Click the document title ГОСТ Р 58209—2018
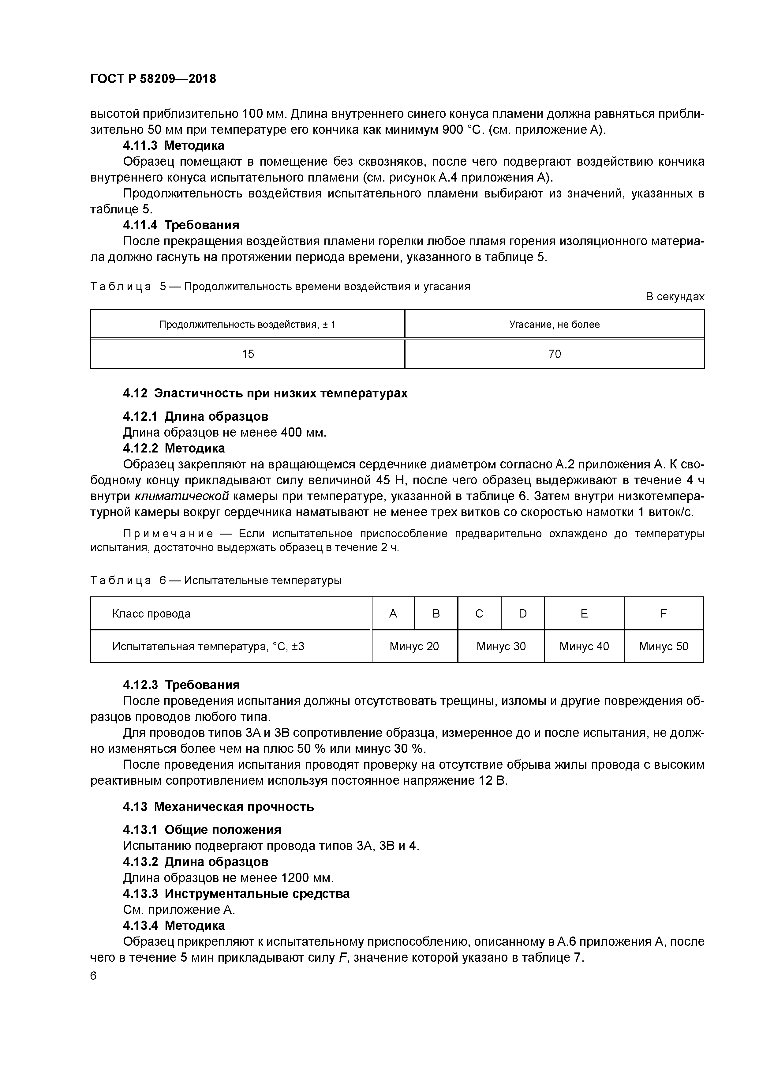click(153, 79)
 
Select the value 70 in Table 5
click(554, 354)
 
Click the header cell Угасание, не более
click(554, 324)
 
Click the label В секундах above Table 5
click(674, 297)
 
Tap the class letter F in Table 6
click(663, 613)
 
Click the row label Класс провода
click(151, 613)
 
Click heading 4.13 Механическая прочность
click(219, 806)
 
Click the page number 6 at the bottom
click(94, 976)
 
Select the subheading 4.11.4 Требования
click(181, 225)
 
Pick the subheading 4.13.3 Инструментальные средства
click(236, 893)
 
